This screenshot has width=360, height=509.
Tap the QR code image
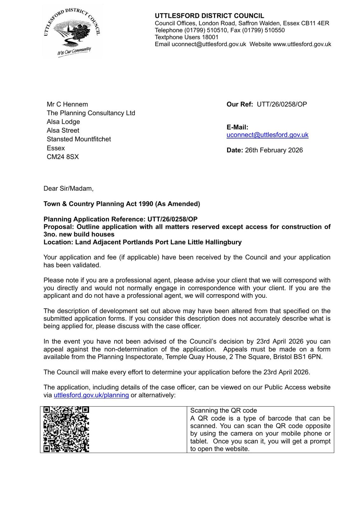(66, 429)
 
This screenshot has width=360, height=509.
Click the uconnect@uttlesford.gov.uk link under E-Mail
(267, 135)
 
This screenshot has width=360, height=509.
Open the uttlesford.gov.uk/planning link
(91, 395)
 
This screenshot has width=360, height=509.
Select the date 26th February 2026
(274, 150)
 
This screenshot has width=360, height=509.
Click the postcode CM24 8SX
(63, 157)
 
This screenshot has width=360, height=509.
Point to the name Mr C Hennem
(67, 104)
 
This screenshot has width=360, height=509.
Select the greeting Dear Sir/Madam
(68, 188)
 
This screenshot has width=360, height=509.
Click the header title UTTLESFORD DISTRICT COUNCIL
(209, 16)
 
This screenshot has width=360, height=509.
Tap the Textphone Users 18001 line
(187, 37)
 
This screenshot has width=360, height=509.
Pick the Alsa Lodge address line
(63, 122)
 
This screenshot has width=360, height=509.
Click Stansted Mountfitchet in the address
(79, 139)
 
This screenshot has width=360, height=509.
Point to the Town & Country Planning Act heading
(122, 204)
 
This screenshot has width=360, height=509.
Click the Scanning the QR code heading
(224, 411)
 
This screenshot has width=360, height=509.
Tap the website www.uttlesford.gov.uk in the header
(302, 44)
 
